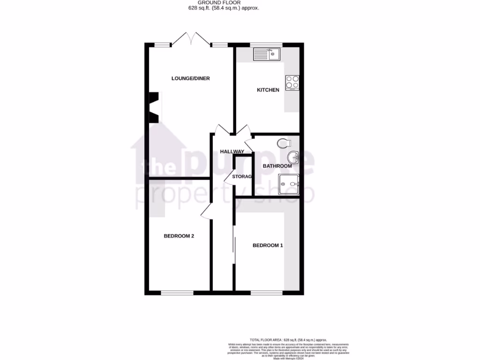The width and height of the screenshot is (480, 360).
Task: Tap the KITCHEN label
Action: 268,90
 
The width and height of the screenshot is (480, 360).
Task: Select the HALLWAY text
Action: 232,151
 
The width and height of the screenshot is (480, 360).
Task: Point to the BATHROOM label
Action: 277,166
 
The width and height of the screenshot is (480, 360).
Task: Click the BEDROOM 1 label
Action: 268,245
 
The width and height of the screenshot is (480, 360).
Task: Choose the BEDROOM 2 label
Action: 179,236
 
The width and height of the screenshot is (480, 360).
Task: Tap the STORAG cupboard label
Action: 242,177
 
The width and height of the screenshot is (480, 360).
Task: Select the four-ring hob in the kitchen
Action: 292,83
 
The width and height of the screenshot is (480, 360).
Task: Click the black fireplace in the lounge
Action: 154,107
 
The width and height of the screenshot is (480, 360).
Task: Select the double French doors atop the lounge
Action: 191,39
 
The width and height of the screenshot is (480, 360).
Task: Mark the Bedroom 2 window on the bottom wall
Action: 177,293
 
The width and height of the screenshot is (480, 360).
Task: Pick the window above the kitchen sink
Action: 266,45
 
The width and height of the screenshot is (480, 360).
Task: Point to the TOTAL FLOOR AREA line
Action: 288,340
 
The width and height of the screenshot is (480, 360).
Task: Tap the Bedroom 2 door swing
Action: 207,211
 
